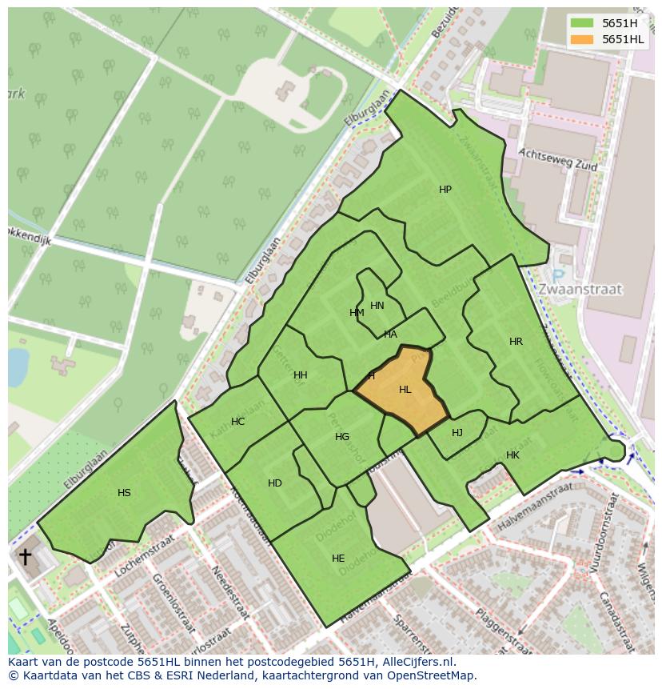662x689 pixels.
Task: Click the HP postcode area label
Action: [x=445, y=190]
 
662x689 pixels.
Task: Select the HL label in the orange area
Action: [x=405, y=390]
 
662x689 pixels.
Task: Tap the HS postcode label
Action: [x=124, y=493]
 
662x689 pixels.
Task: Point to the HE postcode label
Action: [x=338, y=559]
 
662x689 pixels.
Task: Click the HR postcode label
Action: [x=516, y=342]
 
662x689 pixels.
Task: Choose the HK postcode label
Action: [x=512, y=455]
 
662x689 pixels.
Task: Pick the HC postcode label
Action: [x=237, y=422]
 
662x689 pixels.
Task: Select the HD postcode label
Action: [x=275, y=483]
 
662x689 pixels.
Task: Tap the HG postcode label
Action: [x=342, y=437]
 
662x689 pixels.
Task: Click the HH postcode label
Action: [x=300, y=375]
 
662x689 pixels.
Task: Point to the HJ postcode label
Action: [x=457, y=433]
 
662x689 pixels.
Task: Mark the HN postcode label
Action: [x=377, y=306]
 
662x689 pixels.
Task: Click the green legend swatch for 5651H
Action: [x=582, y=22]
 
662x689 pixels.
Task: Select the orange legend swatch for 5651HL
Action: [x=582, y=39]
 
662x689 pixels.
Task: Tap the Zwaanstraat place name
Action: [x=580, y=289]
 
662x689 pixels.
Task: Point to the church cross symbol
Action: [x=26, y=556]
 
